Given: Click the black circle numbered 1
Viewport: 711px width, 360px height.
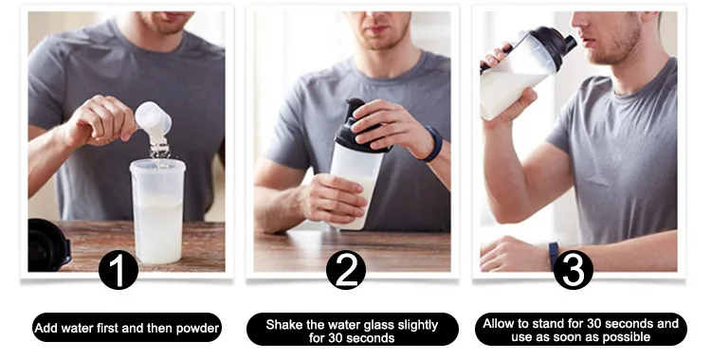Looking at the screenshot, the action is point(118,271).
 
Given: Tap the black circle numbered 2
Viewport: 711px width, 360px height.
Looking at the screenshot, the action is point(346,270).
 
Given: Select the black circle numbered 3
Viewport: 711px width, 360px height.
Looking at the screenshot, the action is point(574,270).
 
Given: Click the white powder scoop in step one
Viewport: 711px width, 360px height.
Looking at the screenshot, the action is point(154,118).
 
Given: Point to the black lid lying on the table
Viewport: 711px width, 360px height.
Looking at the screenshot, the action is point(49,244).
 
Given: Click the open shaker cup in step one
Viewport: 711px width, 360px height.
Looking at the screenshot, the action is point(157,211).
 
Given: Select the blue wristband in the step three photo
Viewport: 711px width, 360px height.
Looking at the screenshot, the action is point(554,255).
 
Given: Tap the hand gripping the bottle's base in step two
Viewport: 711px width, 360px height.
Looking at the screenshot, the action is point(335,198).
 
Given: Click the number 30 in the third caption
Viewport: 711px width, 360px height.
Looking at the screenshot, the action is point(595,323).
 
